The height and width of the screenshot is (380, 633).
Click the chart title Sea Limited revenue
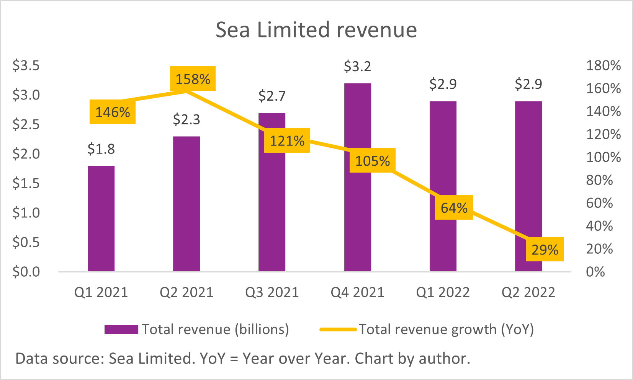316,30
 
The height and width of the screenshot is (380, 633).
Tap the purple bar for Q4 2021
358,214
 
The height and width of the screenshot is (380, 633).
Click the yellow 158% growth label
193,79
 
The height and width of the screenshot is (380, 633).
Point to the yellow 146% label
113,112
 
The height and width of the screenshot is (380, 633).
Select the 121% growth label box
287,140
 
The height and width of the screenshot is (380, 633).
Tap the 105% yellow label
372,161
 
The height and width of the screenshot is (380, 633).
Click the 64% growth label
454,207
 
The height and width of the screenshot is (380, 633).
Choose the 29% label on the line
545,250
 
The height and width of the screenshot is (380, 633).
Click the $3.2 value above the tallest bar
357,67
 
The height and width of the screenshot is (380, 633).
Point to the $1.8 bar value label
101,149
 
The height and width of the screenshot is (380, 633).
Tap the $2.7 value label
272,96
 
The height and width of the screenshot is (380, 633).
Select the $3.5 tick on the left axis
26,65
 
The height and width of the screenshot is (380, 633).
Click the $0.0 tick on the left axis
26,272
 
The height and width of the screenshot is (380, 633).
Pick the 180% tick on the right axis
603,65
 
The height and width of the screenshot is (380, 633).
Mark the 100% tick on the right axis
603,157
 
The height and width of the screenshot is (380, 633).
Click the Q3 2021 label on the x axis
272,292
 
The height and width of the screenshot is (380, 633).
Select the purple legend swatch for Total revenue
121,329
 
